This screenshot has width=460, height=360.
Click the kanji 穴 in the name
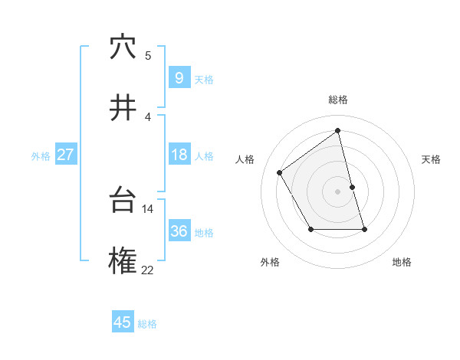click(123, 47)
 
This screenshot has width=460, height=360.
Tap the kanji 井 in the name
click(123, 109)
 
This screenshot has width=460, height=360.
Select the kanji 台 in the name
click(123, 201)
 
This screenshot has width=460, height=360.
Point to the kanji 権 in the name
click(123, 262)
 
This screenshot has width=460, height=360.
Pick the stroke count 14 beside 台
click(149, 208)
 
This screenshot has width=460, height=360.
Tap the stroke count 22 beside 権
click(148, 270)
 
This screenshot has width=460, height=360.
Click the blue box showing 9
click(179, 77)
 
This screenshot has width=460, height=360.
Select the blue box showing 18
click(179, 155)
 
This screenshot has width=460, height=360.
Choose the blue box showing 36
click(179, 231)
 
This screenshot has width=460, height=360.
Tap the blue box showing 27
click(65, 155)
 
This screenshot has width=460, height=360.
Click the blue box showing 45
click(123, 322)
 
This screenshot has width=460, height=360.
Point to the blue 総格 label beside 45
click(147, 324)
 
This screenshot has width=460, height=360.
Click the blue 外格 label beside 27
click(41, 155)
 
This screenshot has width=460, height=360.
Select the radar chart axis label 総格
click(338, 100)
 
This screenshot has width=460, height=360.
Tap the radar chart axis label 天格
click(431, 159)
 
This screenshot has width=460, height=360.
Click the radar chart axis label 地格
click(402, 262)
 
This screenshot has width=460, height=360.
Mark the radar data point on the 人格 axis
click(280, 172)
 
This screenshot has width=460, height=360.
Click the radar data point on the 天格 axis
click(353, 187)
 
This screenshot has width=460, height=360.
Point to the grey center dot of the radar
click(338, 191)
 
